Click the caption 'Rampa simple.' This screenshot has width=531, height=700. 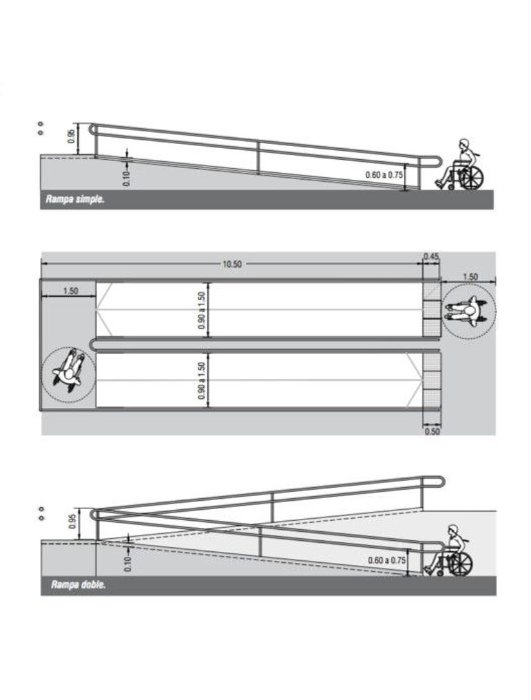[75, 200]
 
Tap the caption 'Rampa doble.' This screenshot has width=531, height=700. [77, 585]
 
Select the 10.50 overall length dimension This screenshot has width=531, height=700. [232, 264]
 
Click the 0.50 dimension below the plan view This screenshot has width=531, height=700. [431, 430]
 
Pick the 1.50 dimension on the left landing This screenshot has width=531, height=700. [70, 291]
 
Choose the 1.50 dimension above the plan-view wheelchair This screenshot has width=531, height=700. [469, 277]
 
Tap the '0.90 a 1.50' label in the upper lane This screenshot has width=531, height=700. [202, 309]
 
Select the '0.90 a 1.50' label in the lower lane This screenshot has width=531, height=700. [202, 380]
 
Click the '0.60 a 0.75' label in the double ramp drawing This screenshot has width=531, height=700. [387, 560]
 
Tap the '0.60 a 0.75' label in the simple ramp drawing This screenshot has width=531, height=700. [384, 175]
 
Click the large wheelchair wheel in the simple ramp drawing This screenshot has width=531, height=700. [472, 178]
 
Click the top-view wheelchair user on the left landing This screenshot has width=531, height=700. [68, 371]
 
